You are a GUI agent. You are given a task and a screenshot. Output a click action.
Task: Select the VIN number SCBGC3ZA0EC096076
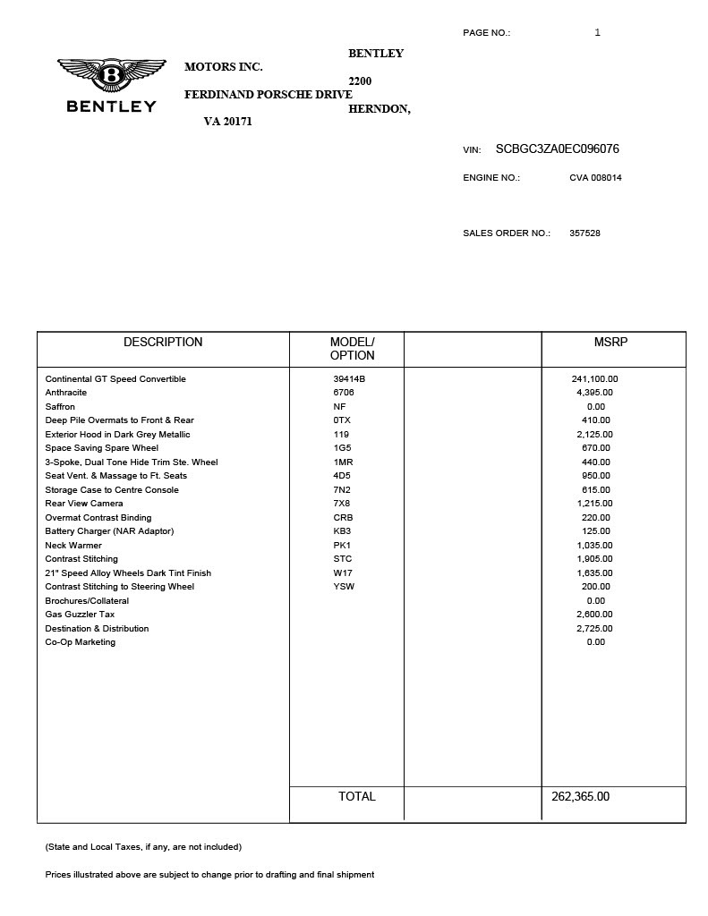[557, 149]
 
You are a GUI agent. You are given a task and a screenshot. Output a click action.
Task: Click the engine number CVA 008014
[595, 177]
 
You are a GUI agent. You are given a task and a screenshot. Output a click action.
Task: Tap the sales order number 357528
[584, 233]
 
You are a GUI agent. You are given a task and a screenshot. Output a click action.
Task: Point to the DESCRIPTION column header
[163, 342]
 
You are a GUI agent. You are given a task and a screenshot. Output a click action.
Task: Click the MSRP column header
[610, 342]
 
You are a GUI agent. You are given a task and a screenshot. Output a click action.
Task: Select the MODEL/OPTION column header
[352, 348]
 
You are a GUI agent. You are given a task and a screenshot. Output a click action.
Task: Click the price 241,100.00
[594, 379]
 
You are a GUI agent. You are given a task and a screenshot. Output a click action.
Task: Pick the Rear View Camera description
[84, 504]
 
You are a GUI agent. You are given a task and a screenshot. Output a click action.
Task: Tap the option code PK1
[342, 546]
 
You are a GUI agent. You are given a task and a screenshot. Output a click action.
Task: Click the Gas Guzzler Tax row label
[80, 615]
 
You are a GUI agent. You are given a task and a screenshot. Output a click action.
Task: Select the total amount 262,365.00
[580, 796]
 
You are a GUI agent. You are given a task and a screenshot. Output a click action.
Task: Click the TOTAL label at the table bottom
[356, 796]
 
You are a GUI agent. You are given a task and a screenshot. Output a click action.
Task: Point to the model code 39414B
[349, 379]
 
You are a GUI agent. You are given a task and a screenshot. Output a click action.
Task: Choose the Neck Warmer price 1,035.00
[594, 546]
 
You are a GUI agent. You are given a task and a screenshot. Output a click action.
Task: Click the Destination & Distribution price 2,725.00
[594, 629]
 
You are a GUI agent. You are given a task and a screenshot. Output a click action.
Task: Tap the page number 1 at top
[597, 33]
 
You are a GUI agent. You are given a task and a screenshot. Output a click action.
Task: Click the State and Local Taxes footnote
[143, 846]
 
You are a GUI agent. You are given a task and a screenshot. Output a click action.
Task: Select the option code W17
[343, 573]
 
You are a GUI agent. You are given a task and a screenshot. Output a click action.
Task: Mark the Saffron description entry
[61, 407]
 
